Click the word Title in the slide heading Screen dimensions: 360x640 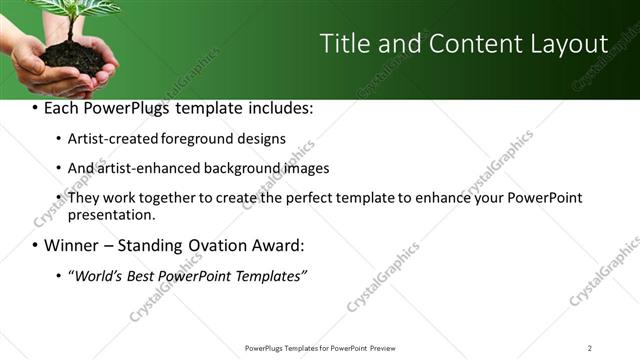[x=343, y=44]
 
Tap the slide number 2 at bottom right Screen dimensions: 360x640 [x=589, y=347]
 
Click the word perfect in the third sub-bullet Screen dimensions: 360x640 [x=315, y=198]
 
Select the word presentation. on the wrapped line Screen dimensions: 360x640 [x=111, y=214]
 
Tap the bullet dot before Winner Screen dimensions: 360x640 [x=35, y=245]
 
